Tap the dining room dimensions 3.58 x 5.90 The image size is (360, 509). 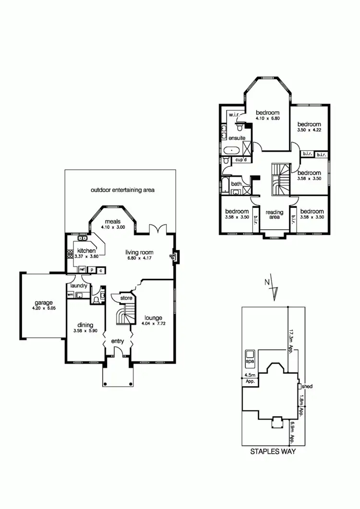(84, 331)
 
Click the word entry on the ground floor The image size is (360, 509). (118, 341)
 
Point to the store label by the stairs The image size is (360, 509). (126, 298)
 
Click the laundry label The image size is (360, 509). (78, 286)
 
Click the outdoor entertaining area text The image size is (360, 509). (122, 190)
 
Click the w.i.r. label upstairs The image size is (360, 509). (234, 115)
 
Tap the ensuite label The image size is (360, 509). (237, 138)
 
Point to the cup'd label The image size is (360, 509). (241, 160)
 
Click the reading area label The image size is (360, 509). (274, 214)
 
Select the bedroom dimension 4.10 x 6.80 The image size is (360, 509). (267, 118)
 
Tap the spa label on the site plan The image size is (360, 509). (250, 360)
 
